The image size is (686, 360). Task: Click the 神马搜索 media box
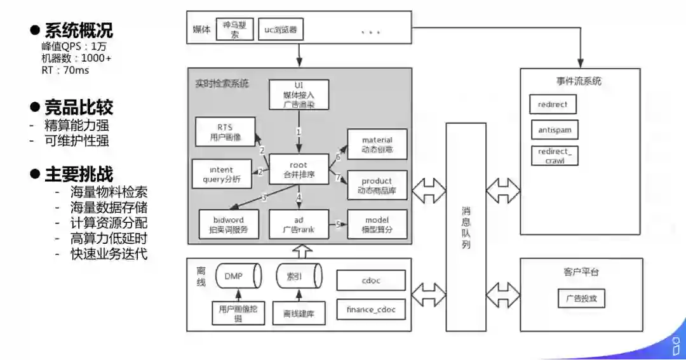click(x=235, y=29)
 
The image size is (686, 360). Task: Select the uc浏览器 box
click(x=280, y=29)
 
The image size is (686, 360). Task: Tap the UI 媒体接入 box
click(x=299, y=95)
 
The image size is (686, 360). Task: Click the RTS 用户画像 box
click(x=224, y=131)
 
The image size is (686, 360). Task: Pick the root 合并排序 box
click(x=299, y=170)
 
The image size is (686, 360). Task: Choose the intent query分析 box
click(x=221, y=174)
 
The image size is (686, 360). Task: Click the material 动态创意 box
click(x=377, y=144)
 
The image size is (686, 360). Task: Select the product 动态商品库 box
click(x=377, y=185)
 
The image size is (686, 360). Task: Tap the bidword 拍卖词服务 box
click(x=229, y=223)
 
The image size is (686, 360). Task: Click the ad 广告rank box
click(x=299, y=223)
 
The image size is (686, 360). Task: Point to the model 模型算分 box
click(x=377, y=223)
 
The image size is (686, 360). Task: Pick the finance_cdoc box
click(x=371, y=310)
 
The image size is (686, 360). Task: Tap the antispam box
click(x=555, y=130)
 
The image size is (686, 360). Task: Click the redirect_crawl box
click(x=555, y=156)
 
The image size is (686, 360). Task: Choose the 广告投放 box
click(x=581, y=298)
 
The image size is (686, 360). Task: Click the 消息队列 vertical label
click(x=466, y=227)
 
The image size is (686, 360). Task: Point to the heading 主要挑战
click(x=78, y=174)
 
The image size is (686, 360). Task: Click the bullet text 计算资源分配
click(x=109, y=223)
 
